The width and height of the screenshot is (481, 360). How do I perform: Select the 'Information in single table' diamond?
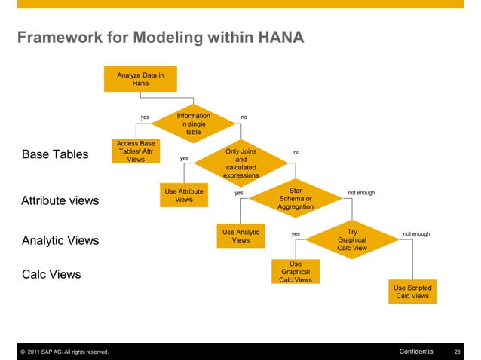[x=194, y=124]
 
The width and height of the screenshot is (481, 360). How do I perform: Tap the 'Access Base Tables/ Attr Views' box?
[x=136, y=151]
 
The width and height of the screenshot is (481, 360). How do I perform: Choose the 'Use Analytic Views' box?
[x=240, y=236]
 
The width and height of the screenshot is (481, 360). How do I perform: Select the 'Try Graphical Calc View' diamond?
[x=352, y=239]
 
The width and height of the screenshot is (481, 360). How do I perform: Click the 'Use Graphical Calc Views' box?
[x=296, y=272]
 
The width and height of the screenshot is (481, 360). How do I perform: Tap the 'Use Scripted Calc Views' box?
[x=412, y=291]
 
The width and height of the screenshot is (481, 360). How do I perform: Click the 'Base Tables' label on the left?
[x=55, y=155]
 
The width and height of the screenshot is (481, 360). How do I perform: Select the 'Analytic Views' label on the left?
[x=60, y=241]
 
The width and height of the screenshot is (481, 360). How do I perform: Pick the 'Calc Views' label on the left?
[x=51, y=274]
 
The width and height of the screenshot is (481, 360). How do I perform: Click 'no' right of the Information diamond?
[x=244, y=117]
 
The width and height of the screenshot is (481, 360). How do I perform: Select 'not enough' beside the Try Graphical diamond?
[x=416, y=234]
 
